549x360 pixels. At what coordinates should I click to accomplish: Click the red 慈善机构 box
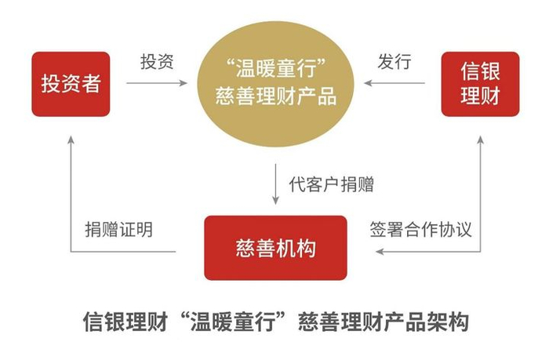(275, 249)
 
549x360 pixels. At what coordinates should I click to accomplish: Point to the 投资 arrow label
(157, 62)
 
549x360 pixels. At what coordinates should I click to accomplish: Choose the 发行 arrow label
(394, 62)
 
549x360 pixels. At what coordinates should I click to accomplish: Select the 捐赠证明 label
(118, 230)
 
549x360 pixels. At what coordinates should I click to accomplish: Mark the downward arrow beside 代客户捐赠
(276, 185)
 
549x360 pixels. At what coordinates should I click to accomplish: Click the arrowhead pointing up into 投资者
(70, 138)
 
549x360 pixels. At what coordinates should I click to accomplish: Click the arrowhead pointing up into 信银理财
(480, 138)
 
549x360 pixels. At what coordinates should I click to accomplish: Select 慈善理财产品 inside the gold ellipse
(275, 97)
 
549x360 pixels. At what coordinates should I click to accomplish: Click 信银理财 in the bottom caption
(122, 322)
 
